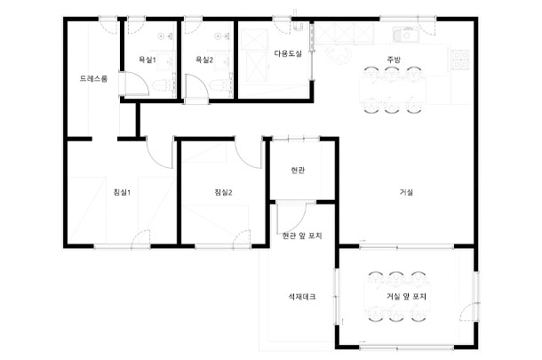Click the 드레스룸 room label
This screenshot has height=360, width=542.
click(x=93, y=78)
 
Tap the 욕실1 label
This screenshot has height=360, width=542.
click(x=147, y=60)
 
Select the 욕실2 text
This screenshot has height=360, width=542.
click(x=204, y=60)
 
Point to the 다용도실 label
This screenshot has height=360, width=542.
click(x=288, y=53)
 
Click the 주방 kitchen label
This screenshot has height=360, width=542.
click(x=394, y=60)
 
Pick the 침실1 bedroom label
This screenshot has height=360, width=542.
click(x=122, y=192)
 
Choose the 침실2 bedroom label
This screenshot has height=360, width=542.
click(x=223, y=192)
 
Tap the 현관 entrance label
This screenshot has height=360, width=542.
click(x=298, y=170)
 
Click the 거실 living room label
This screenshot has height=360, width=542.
click(x=407, y=192)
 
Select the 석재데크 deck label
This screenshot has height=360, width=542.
click(x=302, y=297)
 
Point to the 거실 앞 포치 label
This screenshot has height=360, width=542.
click(x=407, y=297)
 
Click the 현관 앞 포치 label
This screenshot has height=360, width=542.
click(x=302, y=236)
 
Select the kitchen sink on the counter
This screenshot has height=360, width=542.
click(x=406, y=35)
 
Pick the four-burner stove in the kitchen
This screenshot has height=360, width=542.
click(x=460, y=60)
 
